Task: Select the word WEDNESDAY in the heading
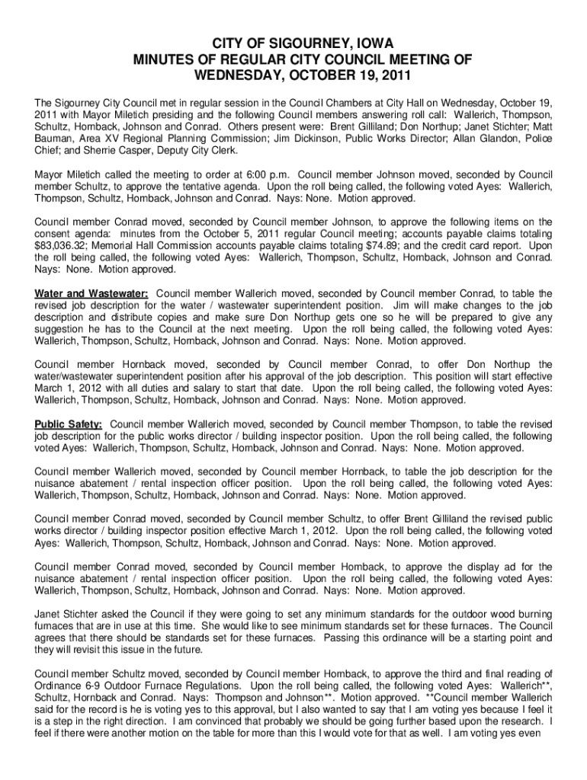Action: pyautogui.click(x=245, y=77)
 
